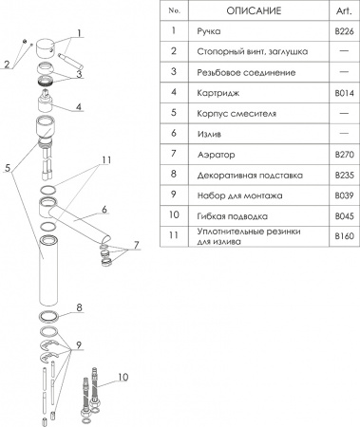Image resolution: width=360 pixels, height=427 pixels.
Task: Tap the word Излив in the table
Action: click(209, 135)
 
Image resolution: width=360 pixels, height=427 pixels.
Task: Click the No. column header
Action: click(172, 9)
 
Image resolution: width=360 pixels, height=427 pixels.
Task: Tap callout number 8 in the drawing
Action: click(81, 307)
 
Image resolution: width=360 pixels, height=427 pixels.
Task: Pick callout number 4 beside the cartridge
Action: click(79, 107)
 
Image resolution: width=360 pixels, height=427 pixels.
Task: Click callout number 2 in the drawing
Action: click(7, 65)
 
